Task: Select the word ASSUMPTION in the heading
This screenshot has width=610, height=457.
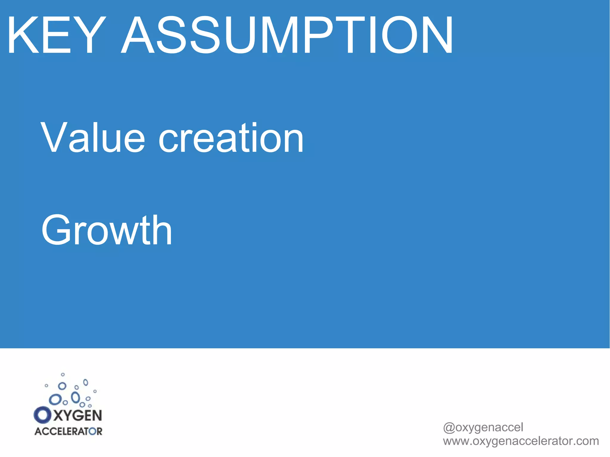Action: (x=287, y=35)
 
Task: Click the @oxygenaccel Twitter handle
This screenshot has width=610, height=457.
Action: (x=483, y=428)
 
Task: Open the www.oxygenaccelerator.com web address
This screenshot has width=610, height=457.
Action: (x=521, y=441)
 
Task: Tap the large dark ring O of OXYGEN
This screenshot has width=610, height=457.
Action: (x=43, y=415)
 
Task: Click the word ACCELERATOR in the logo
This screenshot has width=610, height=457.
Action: (x=68, y=431)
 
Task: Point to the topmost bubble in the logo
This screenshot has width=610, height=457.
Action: (x=63, y=375)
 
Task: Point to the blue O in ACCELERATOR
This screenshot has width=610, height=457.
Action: (x=91, y=432)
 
